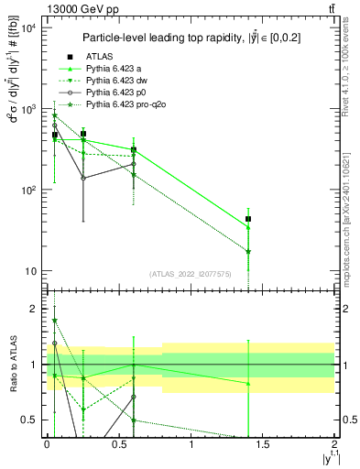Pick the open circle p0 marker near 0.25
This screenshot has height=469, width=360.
click(x=83, y=178)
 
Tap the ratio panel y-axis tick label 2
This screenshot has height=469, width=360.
click(x=35, y=310)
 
